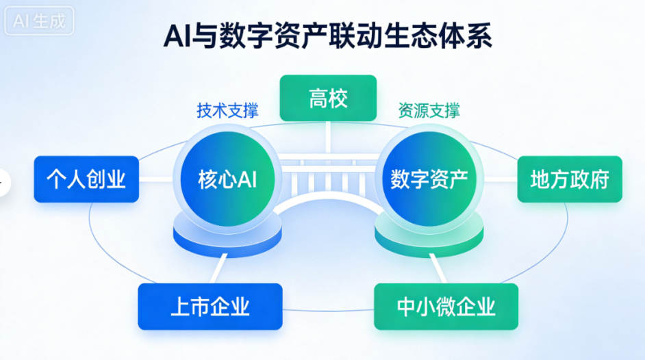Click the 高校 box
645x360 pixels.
328,98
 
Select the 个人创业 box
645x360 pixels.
86,179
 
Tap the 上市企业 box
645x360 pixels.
210,307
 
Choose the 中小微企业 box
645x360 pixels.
446,307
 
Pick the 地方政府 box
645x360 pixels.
570,179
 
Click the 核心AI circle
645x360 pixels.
227,179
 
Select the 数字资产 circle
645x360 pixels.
429,179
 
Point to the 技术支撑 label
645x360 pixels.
227,111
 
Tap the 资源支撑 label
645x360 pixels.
429,111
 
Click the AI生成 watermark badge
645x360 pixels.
39,21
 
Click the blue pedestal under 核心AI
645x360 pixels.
227,236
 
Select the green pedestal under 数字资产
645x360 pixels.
429,236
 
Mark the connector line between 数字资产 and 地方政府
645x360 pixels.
501,179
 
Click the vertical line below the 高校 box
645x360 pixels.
328,137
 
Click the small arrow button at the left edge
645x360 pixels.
3,182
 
